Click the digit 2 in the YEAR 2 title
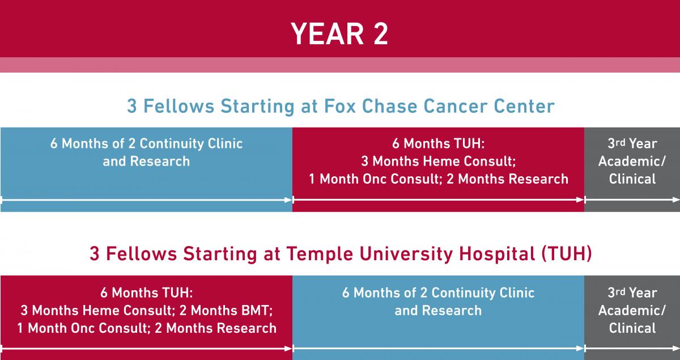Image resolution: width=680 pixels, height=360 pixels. (381, 33)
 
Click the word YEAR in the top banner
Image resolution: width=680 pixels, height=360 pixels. (328, 33)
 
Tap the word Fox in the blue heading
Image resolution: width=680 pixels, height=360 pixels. (340, 106)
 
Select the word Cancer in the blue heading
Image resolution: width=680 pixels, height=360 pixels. (456, 106)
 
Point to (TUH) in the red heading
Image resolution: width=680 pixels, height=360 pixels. (567, 253)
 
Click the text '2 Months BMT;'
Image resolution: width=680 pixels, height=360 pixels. (226, 311)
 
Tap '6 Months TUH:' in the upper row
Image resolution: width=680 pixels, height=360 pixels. (439, 143)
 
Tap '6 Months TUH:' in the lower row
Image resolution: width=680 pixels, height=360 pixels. (147, 293)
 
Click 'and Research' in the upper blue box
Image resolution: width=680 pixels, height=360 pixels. (146, 162)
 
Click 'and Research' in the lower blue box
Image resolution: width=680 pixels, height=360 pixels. (438, 311)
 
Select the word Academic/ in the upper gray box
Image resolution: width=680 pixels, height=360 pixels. (632, 162)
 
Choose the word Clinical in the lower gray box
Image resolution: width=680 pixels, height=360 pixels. (632, 328)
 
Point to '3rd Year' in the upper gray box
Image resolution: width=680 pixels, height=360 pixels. (632, 143)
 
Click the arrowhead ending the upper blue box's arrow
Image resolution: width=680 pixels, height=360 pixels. (288, 200)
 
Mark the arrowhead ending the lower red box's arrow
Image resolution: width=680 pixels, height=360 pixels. (288, 349)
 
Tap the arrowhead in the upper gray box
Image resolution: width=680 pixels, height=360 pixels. (676, 200)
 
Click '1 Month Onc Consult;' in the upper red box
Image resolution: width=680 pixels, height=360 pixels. (376, 179)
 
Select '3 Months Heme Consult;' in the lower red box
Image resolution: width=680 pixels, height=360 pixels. (98, 311)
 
